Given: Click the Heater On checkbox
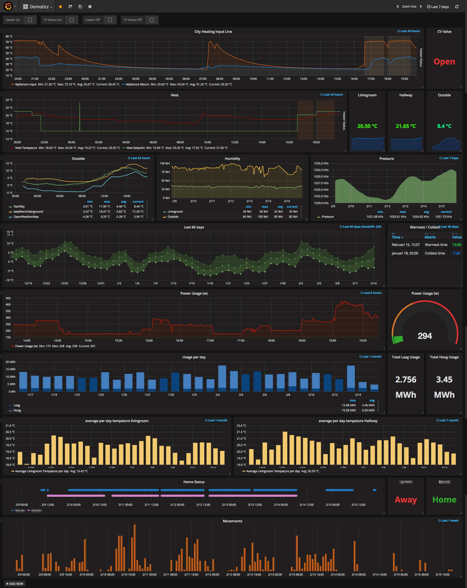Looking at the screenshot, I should pos(30,20).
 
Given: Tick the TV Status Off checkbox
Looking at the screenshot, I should pos(152,20).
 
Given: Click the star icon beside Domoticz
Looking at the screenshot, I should pos(61,7).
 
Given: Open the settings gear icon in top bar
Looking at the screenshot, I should pos(90,7).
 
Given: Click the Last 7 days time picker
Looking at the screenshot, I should pos(438,7).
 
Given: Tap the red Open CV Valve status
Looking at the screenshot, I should pos(444,62).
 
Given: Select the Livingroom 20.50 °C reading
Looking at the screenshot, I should pos(367,126).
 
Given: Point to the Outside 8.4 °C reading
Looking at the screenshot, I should pos(444,126).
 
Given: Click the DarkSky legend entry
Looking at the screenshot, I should pos(19,207).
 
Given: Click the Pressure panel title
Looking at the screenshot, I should pos(386,158).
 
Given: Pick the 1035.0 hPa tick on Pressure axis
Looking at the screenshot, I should pos(321,163).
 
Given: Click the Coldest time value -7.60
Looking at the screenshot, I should pos(456,253).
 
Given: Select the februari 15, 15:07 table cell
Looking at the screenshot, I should pos(405,245).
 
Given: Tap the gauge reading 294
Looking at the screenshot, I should pos(425,336).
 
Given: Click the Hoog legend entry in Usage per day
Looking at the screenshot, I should pos(17,410).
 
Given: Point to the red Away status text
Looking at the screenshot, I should pos(406,500).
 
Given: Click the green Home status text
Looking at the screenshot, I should pos(444,500).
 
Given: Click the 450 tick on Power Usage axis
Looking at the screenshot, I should pos(8,298).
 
